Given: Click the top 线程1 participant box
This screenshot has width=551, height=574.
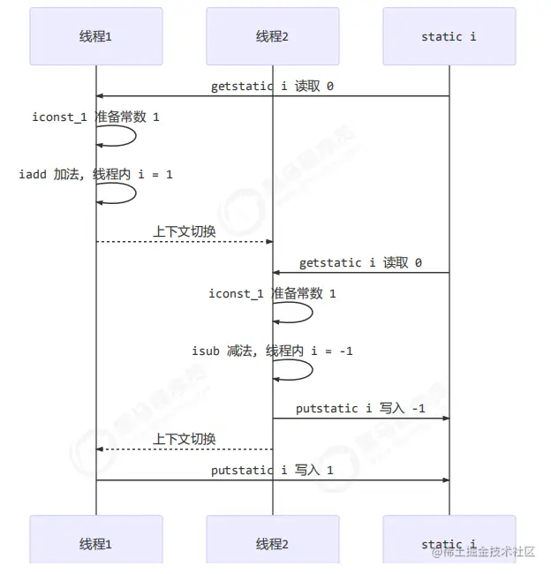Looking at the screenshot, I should point(95,36).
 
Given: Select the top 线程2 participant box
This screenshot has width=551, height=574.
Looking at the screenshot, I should point(272,36).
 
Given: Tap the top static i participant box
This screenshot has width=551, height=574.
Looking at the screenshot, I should point(449,36).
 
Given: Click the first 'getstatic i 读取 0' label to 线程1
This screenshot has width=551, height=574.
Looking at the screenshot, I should point(272,87).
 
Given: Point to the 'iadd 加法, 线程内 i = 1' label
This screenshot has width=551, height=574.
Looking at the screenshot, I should point(95,174).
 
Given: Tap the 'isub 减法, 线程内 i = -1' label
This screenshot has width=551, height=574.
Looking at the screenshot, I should point(272,351).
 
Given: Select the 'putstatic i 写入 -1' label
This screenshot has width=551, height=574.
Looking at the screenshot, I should point(360,409).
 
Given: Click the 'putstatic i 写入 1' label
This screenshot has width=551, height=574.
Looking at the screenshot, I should point(272,470).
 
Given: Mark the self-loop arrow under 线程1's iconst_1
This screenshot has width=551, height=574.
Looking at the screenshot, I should point(117,135).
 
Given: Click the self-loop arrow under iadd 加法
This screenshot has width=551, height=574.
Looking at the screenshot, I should point(117,193).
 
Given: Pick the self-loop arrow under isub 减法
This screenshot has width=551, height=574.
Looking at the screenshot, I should point(294,370).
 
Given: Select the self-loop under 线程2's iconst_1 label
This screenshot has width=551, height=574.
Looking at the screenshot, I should point(294,313).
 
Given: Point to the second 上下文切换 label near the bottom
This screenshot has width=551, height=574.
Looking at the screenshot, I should point(184,439).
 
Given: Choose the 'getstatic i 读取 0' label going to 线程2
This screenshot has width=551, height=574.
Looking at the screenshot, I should point(360,262).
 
